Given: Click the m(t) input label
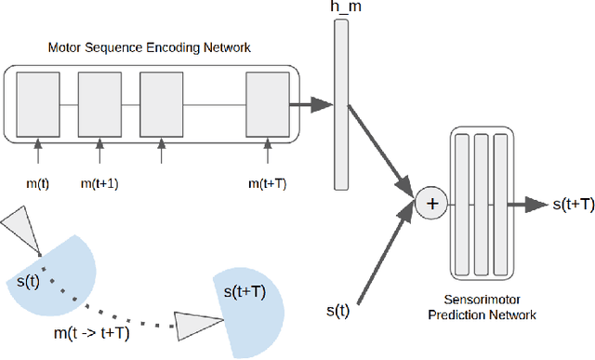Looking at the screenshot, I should click(37, 183).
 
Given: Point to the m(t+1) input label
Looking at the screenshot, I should click(99, 183).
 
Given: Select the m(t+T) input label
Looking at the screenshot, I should click(268, 183).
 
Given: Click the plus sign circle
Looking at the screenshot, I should click(430, 202).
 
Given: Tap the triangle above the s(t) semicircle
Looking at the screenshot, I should click(20, 229).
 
